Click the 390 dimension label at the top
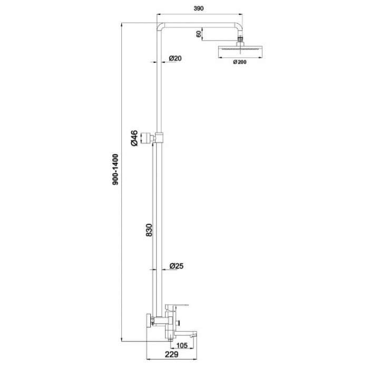click(198, 8)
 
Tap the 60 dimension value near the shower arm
click(199, 34)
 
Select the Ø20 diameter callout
click(176, 58)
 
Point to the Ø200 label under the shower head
click(240, 62)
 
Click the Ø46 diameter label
click(134, 138)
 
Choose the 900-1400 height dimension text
click(115, 169)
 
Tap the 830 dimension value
click(149, 230)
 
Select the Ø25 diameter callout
click(177, 266)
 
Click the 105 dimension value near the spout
click(182, 345)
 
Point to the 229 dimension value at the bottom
click(171, 354)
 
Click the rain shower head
click(240, 51)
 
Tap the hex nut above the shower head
click(240, 37)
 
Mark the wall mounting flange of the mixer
click(149, 321)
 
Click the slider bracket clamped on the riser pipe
click(159, 138)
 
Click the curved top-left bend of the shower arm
click(160, 26)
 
